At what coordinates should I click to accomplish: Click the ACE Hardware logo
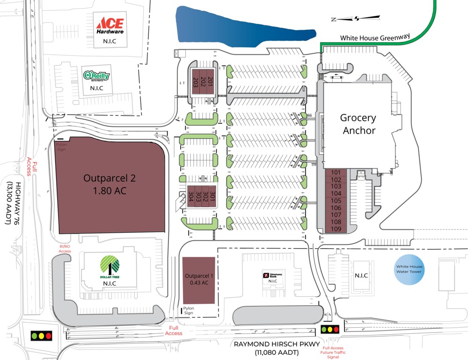click(110, 26)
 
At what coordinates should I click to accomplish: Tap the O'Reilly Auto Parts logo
click(96, 75)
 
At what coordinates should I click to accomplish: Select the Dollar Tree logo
click(110, 266)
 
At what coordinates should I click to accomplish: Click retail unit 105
click(336, 200)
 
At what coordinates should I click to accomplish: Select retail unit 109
click(336, 228)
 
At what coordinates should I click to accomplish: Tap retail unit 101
click(336, 172)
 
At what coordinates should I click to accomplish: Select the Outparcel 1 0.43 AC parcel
click(198, 279)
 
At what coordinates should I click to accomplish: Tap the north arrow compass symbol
click(356, 19)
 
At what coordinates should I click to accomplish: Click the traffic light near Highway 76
click(41, 335)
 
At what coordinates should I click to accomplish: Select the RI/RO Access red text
click(65, 249)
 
